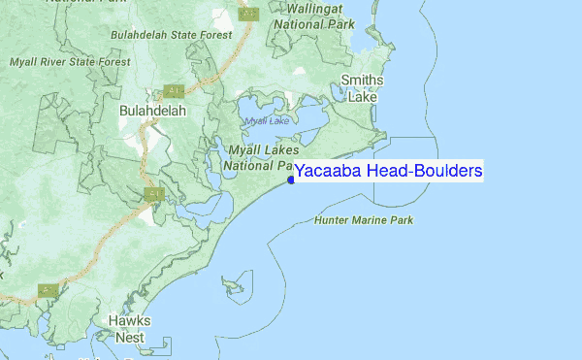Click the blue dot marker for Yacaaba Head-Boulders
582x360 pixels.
[291, 179]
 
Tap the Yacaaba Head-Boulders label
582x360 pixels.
[388, 172]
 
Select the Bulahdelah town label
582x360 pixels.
[151, 112]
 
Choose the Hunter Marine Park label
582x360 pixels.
[364, 220]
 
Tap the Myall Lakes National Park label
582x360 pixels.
[259, 157]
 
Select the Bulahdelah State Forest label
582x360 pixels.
[173, 34]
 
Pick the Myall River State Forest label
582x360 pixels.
[70, 62]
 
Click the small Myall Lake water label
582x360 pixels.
[267, 120]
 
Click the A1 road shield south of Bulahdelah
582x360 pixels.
[153, 194]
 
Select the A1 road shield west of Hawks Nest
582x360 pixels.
[45, 290]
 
